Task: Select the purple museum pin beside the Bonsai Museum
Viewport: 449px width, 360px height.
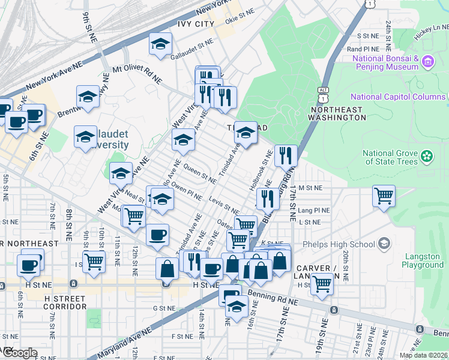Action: (427, 62)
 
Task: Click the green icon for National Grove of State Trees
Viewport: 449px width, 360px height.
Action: (427, 157)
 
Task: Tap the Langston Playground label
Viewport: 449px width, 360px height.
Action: (423, 260)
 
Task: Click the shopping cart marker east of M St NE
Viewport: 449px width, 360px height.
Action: (384, 195)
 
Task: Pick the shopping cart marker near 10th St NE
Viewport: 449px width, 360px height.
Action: (94, 261)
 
